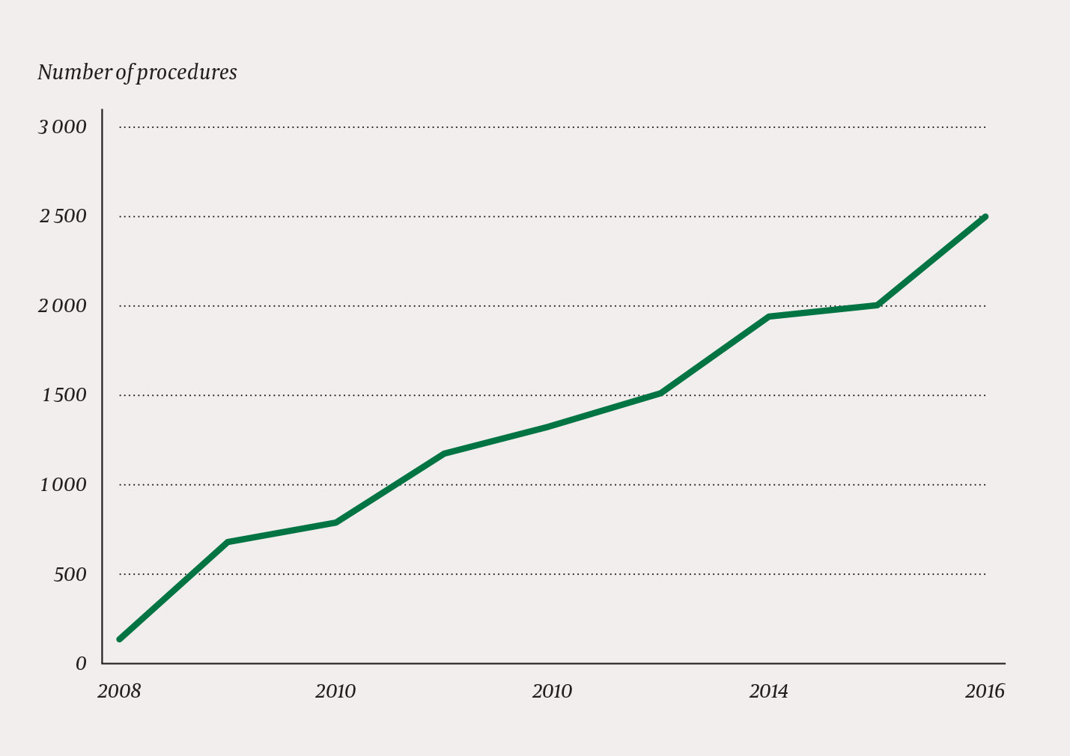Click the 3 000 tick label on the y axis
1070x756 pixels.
62,127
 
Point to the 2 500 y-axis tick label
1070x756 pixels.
62,217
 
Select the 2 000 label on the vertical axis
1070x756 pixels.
62,306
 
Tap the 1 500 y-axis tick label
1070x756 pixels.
64,395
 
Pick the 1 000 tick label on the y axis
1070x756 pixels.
64,485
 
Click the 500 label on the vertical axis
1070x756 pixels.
71,575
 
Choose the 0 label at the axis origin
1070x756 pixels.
81,664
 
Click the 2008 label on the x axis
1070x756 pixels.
119,692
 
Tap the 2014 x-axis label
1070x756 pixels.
768,692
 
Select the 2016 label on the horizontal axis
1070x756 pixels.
985,692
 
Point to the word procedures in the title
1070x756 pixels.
186,73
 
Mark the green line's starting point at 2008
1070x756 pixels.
120,638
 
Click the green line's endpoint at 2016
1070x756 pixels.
985,217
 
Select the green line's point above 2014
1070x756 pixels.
769,317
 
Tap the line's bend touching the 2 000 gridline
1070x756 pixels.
877,305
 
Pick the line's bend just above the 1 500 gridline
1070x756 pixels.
660,392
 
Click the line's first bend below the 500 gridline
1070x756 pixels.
228,541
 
